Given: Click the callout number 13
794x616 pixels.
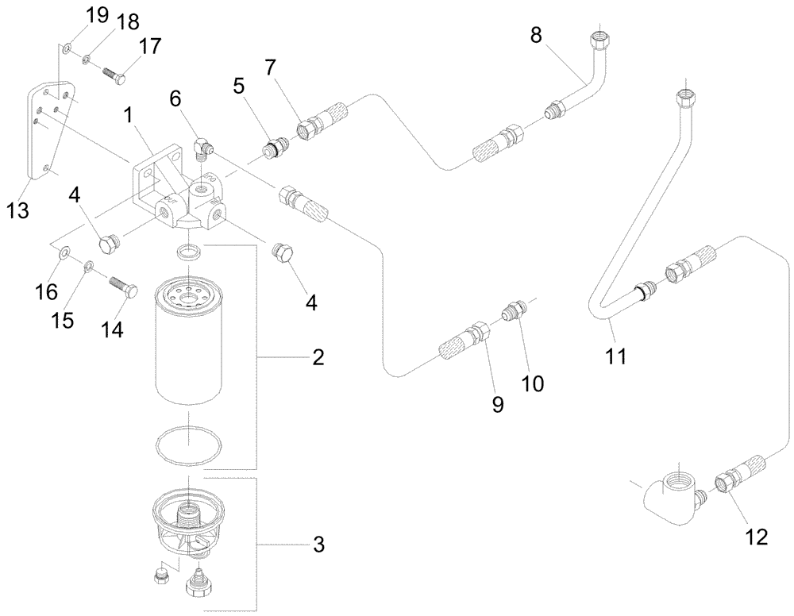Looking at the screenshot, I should click(17, 211).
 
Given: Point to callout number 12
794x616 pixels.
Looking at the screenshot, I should click(756, 537).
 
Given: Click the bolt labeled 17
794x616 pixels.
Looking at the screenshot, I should click(117, 78).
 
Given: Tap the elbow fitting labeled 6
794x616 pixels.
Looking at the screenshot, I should click(205, 146).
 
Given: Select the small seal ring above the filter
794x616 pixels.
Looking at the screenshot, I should click(188, 252).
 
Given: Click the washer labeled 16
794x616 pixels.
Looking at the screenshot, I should click(65, 254).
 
